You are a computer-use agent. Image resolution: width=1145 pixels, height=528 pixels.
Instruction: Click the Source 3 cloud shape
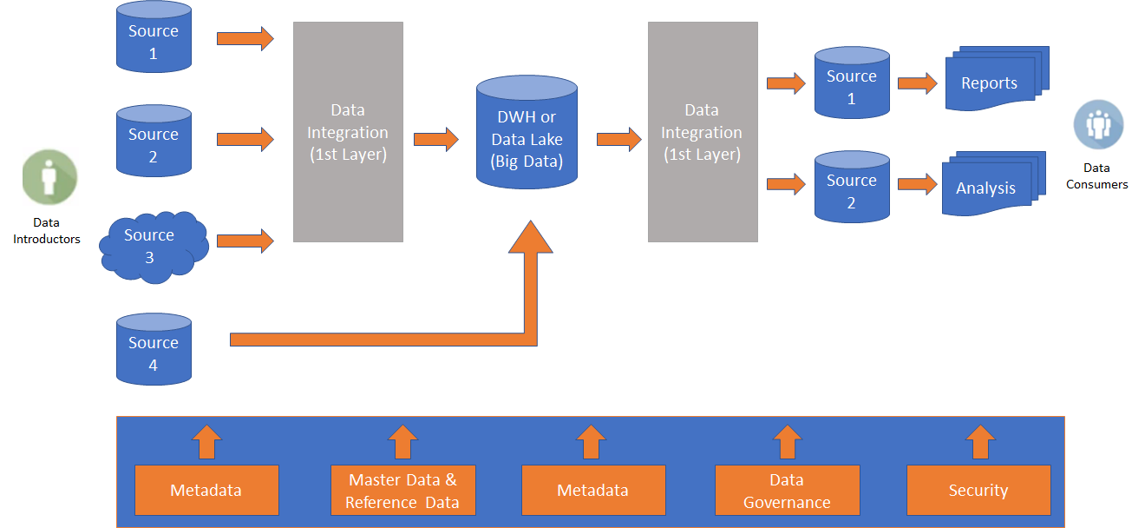pos(154,246)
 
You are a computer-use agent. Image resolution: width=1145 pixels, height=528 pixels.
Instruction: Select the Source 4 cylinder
pos(154,350)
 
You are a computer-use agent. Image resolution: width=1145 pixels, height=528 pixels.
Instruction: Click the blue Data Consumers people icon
pos(1098,125)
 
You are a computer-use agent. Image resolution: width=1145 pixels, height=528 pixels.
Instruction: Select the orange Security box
pos(978,490)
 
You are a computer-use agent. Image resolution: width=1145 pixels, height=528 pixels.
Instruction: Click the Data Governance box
pos(787,491)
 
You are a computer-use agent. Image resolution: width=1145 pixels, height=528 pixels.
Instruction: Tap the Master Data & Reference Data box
pos(402,491)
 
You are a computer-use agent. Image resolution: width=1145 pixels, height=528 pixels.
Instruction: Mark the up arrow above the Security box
pos(981,442)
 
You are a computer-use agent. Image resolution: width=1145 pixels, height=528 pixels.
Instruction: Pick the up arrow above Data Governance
pos(788,442)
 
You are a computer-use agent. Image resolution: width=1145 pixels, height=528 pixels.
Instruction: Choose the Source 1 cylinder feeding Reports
pos(852,84)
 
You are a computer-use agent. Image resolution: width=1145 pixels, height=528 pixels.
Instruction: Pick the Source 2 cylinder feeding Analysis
pos(852,188)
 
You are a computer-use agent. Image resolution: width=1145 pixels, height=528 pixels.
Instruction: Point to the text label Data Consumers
pos(1097,176)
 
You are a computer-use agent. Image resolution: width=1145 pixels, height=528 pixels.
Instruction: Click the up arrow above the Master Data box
pos(402,442)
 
